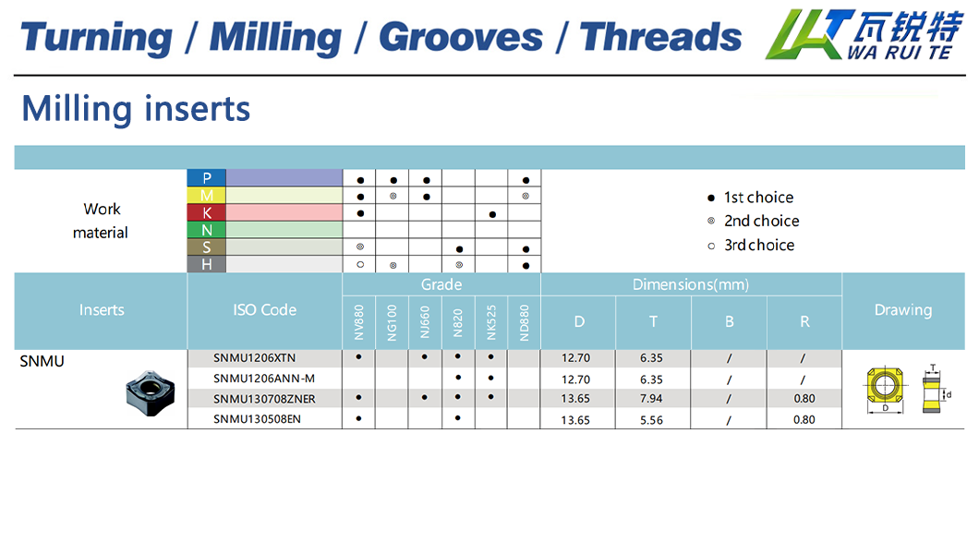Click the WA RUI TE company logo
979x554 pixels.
coord(864,35)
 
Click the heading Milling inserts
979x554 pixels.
coord(136,109)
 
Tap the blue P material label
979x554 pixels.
coord(207,178)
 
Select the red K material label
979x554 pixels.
coord(207,212)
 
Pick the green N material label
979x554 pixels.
coord(207,230)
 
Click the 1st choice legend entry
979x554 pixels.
coord(751,198)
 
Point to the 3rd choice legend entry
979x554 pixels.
coord(751,246)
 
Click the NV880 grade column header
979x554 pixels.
coord(359,322)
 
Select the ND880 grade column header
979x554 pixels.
coord(525,322)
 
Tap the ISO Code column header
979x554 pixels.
coord(265,310)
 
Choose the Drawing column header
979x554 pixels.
coord(903,310)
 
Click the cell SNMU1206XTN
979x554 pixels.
coord(254,358)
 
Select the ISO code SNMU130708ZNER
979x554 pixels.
coord(264,399)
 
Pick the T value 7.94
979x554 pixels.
coord(651,399)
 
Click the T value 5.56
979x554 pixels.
coord(651,420)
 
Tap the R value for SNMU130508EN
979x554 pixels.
coord(804,420)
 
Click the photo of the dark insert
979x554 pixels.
coord(151,392)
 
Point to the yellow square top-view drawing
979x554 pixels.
coord(884,386)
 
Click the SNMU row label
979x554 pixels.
coord(42,361)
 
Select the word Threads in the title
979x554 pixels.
coord(660,37)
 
